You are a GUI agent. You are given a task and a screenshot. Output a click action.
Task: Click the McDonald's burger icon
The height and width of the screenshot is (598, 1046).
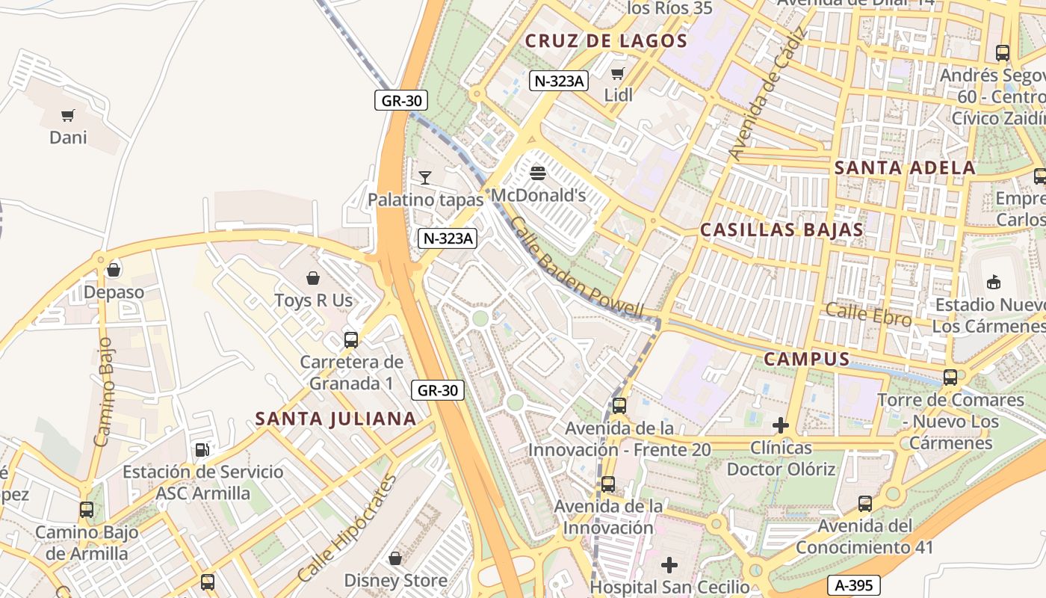537,174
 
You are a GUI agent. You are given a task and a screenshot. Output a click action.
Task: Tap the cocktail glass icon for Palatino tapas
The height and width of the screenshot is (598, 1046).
425,178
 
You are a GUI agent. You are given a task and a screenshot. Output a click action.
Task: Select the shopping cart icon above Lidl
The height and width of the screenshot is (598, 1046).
618,73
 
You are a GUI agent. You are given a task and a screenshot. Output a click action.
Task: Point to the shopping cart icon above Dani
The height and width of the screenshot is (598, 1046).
68,115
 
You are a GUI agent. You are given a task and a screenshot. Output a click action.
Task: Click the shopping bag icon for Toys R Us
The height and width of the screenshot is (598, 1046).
313,278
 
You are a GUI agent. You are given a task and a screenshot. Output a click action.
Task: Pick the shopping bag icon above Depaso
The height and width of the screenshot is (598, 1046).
114,270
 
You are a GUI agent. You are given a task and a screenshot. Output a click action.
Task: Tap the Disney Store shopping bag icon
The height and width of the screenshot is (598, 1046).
395,558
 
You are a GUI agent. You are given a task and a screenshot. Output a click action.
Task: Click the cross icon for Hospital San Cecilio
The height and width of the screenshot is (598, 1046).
669,564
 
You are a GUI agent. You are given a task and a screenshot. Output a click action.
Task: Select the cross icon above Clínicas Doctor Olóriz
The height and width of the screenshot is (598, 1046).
781,426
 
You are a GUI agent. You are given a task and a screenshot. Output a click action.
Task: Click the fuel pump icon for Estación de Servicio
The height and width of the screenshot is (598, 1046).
202,450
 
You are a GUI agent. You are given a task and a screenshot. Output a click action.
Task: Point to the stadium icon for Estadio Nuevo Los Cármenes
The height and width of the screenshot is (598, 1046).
994,282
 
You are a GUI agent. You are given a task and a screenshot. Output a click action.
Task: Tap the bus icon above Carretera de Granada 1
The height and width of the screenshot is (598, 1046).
351,340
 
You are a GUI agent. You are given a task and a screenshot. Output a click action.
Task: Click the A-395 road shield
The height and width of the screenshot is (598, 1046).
854,585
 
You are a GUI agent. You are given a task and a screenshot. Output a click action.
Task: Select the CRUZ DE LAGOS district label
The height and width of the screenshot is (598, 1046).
606,41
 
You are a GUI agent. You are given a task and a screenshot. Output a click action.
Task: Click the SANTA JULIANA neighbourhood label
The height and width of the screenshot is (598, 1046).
336,419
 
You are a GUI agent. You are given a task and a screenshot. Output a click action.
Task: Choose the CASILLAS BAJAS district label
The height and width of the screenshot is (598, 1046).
782,230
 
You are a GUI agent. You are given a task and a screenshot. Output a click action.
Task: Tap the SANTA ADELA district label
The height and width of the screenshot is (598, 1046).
905,167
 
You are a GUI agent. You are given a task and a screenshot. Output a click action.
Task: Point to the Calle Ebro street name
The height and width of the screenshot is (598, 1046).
868,315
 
